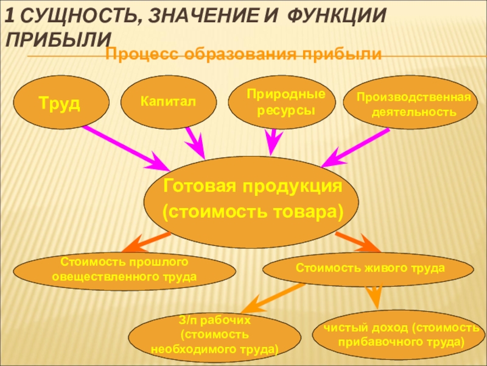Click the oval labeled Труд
(60, 102)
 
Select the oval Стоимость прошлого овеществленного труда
(124, 270)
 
